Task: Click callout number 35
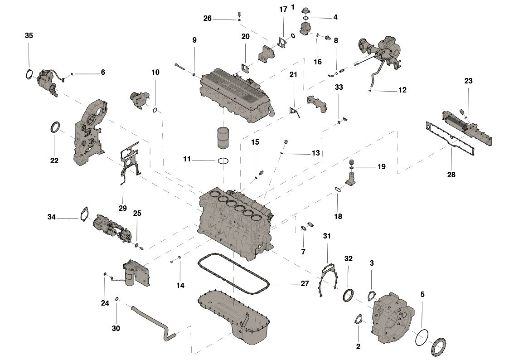tap(29, 35)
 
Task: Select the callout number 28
tap(451, 175)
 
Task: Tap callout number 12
tap(402, 90)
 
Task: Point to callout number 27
tap(305, 284)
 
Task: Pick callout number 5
tap(422, 294)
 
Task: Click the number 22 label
tap(54, 161)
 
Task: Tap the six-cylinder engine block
tap(236, 224)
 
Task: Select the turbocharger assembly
tap(383, 52)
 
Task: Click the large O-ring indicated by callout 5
tap(421, 336)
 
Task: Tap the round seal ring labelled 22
tap(55, 128)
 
